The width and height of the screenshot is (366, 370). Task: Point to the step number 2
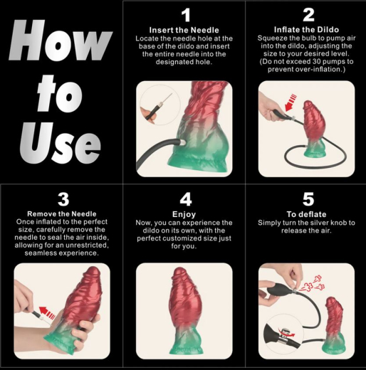308,15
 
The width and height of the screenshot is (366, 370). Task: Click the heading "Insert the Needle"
185,29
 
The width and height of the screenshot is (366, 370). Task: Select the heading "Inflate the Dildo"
307,29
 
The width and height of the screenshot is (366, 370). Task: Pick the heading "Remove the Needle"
61,213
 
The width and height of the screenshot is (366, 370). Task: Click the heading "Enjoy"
185,213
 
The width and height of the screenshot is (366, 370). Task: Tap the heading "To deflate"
307,213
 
